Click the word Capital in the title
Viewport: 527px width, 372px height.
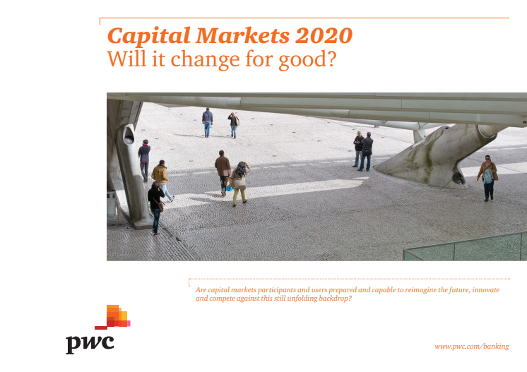click(149, 36)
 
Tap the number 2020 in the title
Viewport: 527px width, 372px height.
click(324, 35)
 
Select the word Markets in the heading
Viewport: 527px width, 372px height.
click(242, 35)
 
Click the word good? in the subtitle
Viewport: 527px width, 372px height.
click(307, 60)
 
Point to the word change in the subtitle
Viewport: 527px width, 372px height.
click(205, 60)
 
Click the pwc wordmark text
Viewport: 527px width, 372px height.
click(90, 344)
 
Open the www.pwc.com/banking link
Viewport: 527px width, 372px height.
click(471, 346)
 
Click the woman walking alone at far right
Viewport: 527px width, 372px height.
click(487, 178)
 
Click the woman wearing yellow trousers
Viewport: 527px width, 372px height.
click(240, 184)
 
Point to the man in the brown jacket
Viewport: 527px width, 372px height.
click(223, 172)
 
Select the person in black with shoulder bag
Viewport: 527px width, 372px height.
click(155, 208)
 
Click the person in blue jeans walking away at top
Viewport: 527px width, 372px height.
click(208, 122)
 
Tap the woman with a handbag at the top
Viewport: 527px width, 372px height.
click(234, 125)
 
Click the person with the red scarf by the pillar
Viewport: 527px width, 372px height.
click(144, 160)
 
